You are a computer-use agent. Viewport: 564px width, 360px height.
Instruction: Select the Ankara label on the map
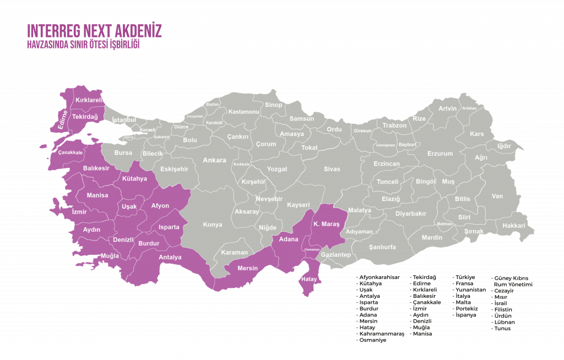coord(214,161)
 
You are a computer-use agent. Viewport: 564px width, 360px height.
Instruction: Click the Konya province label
coord(212,225)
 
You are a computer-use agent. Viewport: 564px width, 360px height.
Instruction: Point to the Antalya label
coord(170,257)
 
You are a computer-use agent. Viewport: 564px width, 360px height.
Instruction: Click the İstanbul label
coord(124,119)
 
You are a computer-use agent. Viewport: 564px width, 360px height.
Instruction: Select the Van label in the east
coord(497,196)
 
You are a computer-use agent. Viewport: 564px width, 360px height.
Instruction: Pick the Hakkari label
coord(514,226)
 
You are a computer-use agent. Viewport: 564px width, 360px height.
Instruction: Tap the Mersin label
coord(247,269)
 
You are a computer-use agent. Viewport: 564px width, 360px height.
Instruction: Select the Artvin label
coord(447,108)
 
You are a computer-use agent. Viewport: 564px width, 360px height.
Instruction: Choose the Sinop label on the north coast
coord(274,105)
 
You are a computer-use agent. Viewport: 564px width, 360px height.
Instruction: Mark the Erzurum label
coord(440,154)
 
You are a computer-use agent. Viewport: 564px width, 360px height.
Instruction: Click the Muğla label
coord(110,256)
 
